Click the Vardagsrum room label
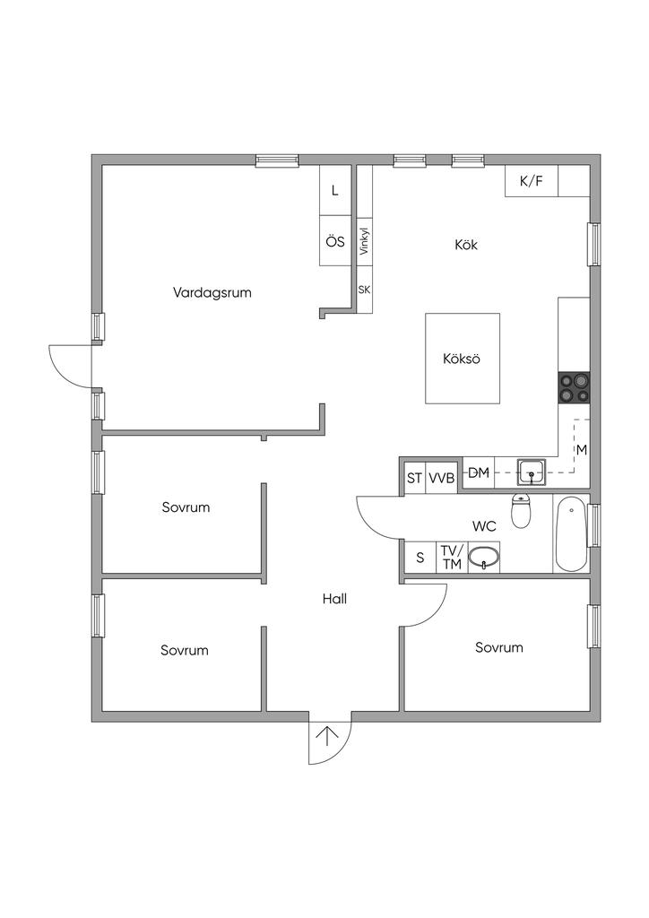pos(212,291)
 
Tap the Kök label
pos(466,244)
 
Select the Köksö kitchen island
pos(462,359)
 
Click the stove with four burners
pos(574,386)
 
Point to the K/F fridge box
pos(532,181)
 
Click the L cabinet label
pos(335,191)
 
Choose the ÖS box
pos(335,241)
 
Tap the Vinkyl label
pos(364,242)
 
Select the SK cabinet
pos(364,290)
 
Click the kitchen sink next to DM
pos(532,470)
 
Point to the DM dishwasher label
pos(479,472)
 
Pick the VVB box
pos(441,478)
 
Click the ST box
pos(414,478)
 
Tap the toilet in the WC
pos(521,511)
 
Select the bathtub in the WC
pos(571,535)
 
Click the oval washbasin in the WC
pos(484,558)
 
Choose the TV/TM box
pos(451,558)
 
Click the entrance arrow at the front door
pos(328,737)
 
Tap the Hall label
pos(334,600)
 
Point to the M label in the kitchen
pos(581,449)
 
